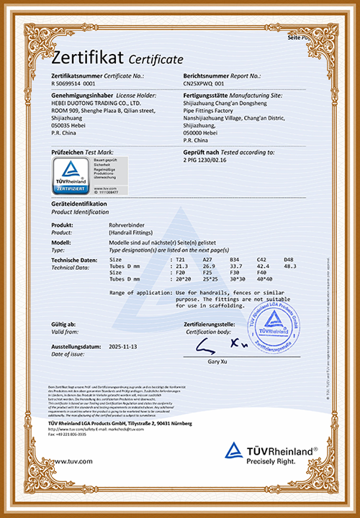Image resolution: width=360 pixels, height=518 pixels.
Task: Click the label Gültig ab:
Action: tap(64, 325)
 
